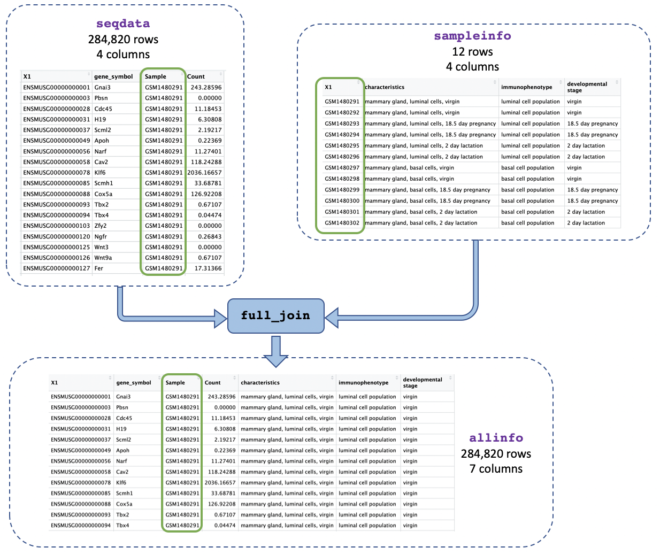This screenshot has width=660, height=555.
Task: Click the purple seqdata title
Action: click(x=123, y=24)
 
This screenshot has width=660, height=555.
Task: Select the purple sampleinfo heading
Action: click(x=472, y=36)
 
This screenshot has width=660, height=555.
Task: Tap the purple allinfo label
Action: click(x=496, y=438)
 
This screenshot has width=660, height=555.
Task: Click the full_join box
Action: click(x=276, y=315)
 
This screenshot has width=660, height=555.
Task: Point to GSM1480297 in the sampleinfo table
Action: click(x=342, y=168)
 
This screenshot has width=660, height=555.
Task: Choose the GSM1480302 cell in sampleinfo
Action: click(x=342, y=223)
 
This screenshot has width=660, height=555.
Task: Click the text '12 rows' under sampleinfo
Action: click(x=472, y=52)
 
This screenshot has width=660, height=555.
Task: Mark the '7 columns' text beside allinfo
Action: click(x=496, y=469)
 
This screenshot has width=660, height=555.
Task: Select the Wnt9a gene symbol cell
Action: click(x=103, y=258)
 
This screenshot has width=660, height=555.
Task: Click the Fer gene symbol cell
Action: click(x=99, y=268)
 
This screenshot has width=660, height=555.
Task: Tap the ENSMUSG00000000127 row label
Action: click(x=57, y=268)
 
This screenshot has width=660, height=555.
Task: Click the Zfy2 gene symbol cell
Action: click(x=102, y=226)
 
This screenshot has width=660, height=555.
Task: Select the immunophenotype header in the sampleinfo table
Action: click(x=526, y=87)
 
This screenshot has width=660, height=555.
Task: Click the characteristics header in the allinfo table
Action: click(x=260, y=383)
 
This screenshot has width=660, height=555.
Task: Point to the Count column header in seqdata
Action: click(x=196, y=76)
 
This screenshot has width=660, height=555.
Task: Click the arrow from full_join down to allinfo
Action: click(x=276, y=352)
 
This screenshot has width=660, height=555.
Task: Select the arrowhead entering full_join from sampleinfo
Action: click(x=332, y=318)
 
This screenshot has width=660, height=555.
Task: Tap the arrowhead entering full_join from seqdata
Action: click(x=220, y=318)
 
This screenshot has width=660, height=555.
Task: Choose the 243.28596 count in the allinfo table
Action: click(x=221, y=397)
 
